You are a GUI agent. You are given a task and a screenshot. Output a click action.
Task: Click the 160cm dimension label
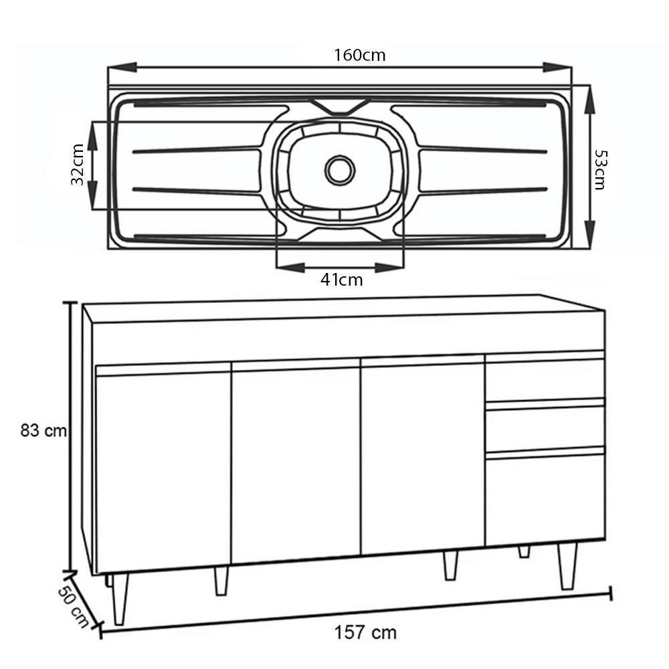click(360, 55)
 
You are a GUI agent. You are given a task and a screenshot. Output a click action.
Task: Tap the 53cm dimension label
click(600, 170)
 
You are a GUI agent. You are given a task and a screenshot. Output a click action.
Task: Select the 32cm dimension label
click(78, 165)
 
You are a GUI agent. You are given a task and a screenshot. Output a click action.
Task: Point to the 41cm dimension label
click(341, 280)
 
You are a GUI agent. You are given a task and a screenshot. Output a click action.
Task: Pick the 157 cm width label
click(365, 632)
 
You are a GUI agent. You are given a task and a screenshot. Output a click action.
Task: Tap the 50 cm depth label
click(74, 606)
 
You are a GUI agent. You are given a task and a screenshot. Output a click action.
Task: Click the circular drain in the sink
click(340, 170)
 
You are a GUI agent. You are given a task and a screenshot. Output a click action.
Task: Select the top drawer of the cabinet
click(545, 379)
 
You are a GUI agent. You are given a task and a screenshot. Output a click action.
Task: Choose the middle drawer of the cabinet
click(545, 426)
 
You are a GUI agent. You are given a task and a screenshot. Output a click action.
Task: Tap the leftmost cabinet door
click(163, 472)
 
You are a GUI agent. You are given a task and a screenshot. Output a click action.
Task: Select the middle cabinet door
click(296, 465)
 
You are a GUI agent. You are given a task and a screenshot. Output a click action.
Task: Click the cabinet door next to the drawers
click(423, 458)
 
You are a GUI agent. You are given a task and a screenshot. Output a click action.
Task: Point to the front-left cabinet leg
click(120, 597)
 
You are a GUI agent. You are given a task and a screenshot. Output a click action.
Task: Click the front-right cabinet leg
click(567, 565)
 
